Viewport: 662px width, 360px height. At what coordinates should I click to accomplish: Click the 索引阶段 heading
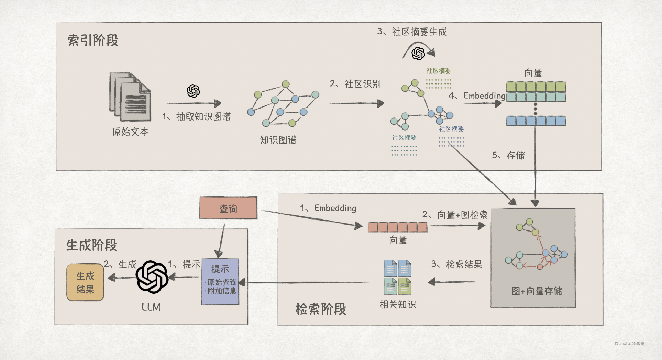(93, 41)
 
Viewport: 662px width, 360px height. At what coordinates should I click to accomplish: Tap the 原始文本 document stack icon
(130, 97)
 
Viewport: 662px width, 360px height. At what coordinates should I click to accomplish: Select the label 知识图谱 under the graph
(278, 140)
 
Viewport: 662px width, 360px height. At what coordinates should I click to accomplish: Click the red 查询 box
(228, 208)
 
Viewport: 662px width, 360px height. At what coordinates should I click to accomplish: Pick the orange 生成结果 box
(85, 282)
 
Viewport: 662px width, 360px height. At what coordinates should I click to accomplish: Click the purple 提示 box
(220, 282)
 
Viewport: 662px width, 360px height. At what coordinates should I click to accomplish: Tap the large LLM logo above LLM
(152, 277)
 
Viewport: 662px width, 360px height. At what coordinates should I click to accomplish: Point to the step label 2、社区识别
(355, 84)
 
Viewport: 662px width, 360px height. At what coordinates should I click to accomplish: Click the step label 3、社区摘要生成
(412, 32)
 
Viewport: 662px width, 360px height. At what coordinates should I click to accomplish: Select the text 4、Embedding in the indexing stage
(477, 95)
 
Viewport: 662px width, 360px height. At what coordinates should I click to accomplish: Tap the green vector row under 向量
(536, 86)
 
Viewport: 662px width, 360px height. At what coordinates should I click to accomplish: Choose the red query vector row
(397, 227)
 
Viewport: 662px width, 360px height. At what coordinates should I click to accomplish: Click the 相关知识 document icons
(397, 277)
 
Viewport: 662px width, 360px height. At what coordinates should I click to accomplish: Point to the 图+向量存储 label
(537, 291)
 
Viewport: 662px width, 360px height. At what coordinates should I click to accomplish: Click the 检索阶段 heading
(320, 309)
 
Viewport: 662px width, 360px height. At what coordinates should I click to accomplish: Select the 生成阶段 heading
(91, 245)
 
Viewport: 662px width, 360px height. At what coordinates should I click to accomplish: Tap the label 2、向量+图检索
(455, 215)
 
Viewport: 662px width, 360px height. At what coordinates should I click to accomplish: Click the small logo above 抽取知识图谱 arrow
(193, 91)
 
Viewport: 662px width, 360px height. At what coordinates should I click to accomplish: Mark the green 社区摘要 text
(438, 71)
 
